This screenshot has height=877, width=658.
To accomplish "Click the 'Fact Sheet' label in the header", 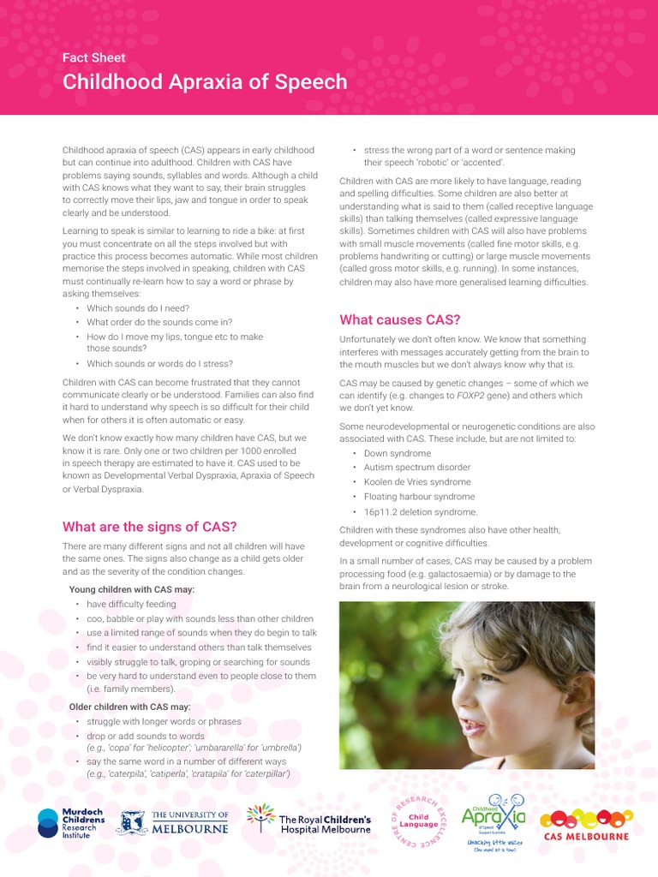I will pyautogui.click(x=94, y=58).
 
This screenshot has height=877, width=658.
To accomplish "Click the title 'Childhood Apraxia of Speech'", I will pyautogui.click(x=205, y=82).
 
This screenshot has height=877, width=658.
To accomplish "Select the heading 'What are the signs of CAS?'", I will pyautogui.click(x=149, y=527).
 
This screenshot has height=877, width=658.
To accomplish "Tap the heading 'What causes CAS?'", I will pyautogui.click(x=400, y=319).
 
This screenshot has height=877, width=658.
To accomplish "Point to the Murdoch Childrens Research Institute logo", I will pyautogui.click(x=71, y=823).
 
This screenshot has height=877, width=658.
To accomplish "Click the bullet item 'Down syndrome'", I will pyautogui.click(x=397, y=453).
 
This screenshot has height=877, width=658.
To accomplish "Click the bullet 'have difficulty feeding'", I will pyautogui.click(x=131, y=604).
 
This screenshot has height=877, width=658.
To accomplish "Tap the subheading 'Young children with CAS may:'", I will pyautogui.click(x=132, y=589).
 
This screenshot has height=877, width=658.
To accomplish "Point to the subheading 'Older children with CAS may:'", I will pyautogui.click(x=130, y=707).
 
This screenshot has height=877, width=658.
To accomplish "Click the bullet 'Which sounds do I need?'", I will pyautogui.click(x=138, y=308).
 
